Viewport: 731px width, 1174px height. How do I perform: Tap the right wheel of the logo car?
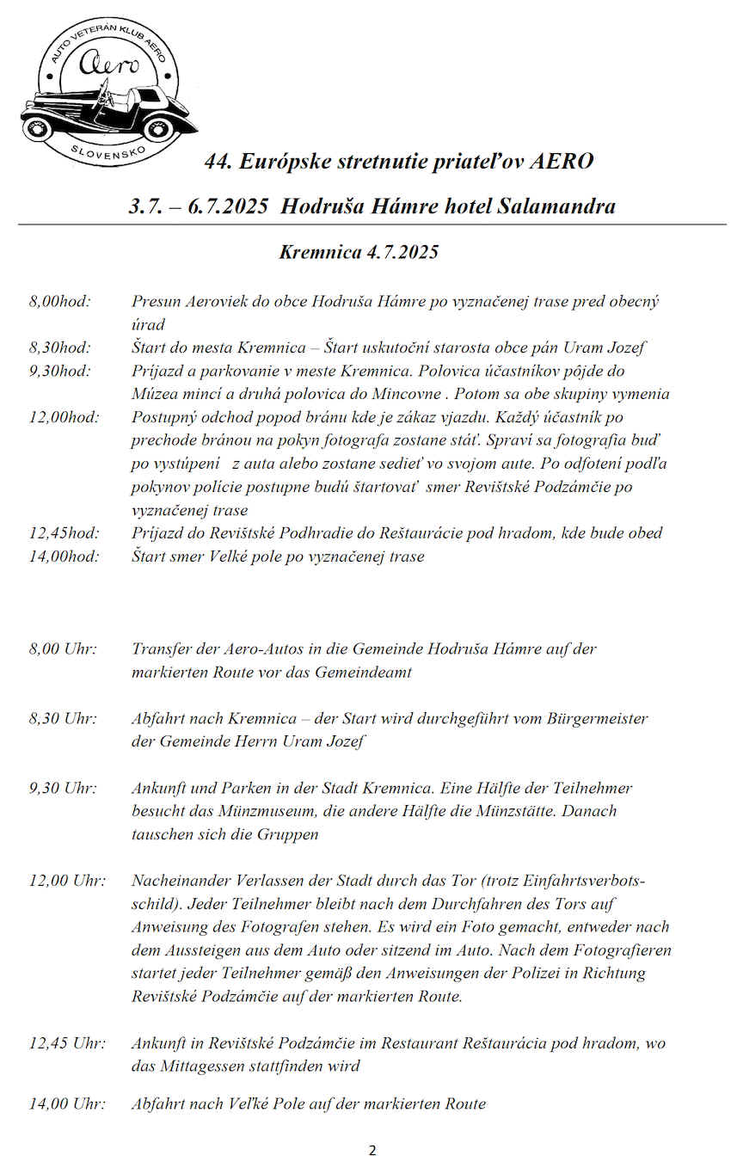pos(162,129)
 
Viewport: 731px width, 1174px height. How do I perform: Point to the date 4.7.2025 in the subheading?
pos(402,252)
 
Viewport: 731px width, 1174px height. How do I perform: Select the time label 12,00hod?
pos(64,417)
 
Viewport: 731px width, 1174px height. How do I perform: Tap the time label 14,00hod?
pos(64,556)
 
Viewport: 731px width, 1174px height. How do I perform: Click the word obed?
pos(645,532)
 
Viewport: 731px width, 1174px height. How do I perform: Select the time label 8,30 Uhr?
pos(63,718)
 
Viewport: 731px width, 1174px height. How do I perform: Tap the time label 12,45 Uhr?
pos(67,1043)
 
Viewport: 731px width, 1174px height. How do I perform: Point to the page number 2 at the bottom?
pos(372,1151)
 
